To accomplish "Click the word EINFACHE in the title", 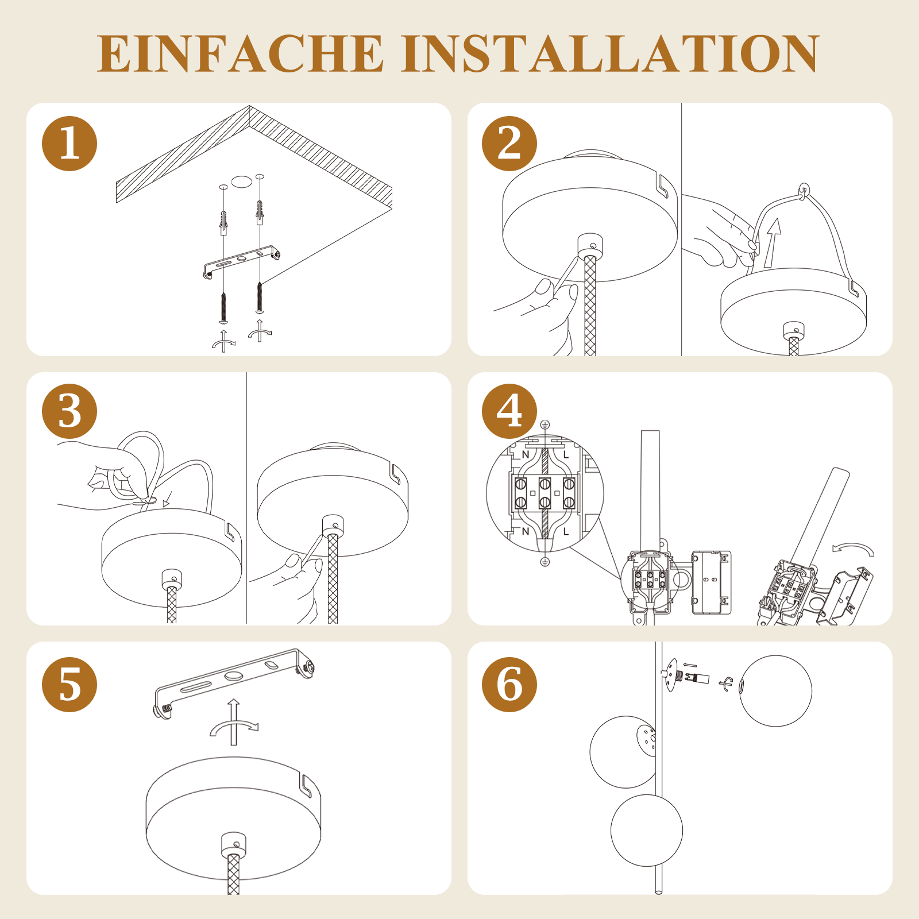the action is click(x=240, y=53).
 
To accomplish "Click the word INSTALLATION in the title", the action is click(x=610, y=53).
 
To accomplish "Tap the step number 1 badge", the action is click(x=69, y=144).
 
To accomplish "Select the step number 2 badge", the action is click(x=509, y=144).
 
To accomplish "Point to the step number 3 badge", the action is click(x=69, y=412).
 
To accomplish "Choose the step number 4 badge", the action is click(x=509, y=412).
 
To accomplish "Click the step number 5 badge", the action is click(x=69, y=685).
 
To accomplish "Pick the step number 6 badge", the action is click(x=509, y=685).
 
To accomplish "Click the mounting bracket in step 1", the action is click(x=241, y=261).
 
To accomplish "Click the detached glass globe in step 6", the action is click(x=775, y=691).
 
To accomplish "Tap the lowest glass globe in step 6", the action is click(x=647, y=831).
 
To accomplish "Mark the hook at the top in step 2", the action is click(x=804, y=190).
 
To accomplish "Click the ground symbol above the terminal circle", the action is click(x=545, y=425).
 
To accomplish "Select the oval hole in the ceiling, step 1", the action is click(x=242, y=182).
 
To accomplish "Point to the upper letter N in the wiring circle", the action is click(x=525, y=454).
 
